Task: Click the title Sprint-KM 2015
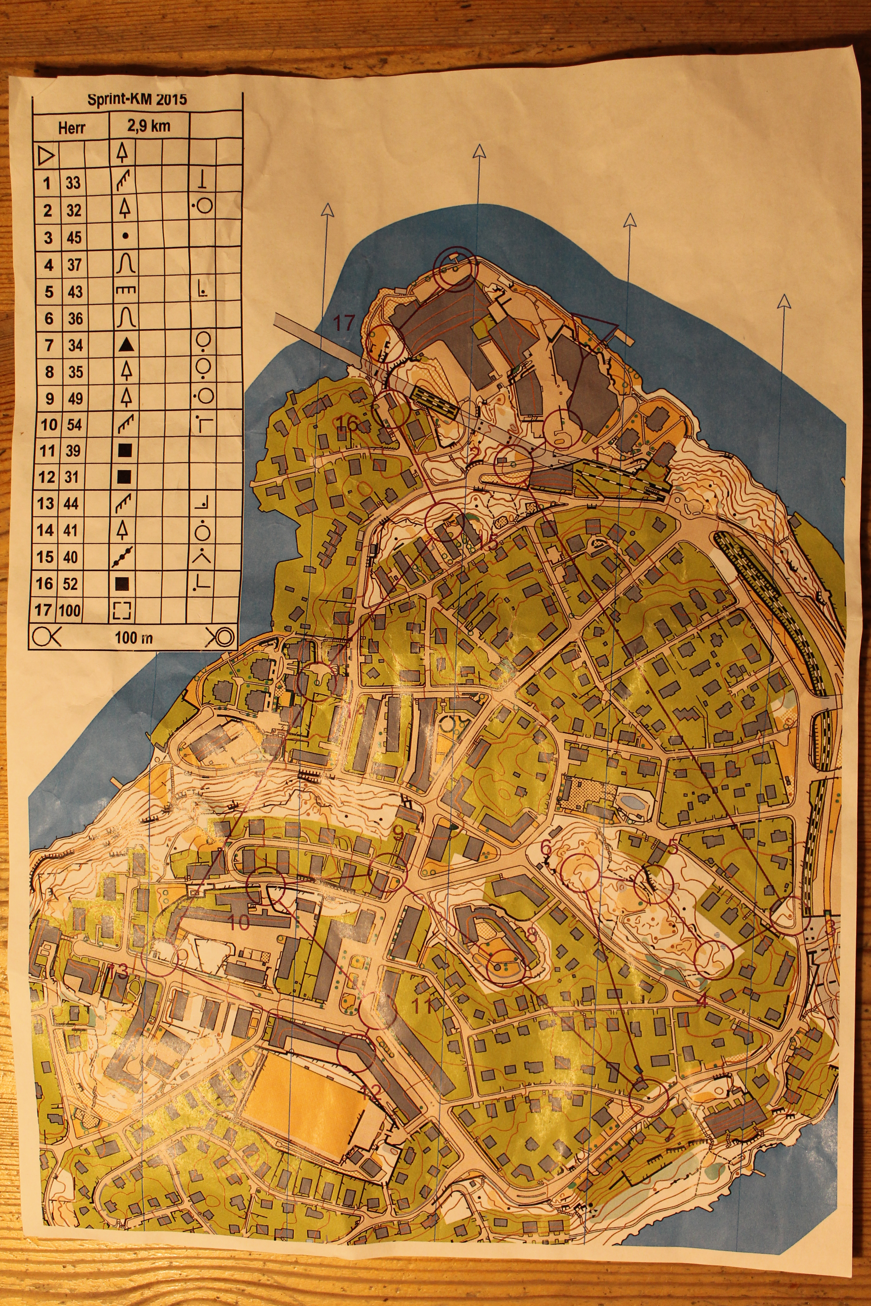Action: click(x=137, y=100)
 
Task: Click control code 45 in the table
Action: click(x=74, y=238)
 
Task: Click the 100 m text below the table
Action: click(x=133, y=637)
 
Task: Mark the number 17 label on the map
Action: click(x=343, y=323)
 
